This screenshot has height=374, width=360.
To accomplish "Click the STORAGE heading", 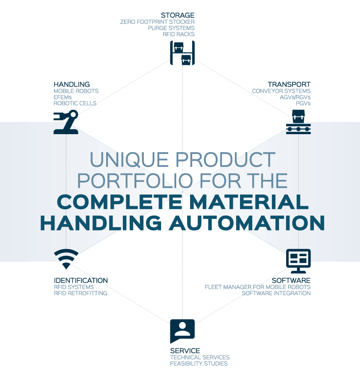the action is pyautogui.click(x=177, y=15).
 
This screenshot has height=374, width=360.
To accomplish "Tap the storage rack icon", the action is pyautogui.click(x=183, y=53).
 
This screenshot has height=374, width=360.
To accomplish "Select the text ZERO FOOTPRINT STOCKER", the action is pyautogui.click(x=157, y=22).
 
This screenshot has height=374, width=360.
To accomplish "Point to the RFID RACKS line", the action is pyautogui.click(x=179, y=34).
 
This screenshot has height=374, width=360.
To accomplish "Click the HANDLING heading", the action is pyautogui.click(x=72, y=84).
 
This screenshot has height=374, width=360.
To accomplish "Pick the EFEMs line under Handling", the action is pyautogui.click(x=63, y=97).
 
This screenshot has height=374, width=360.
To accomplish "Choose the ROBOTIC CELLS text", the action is pyautogui.click(x=75, y=104).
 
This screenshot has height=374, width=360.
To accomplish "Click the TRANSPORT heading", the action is pyautogui.click(x=289, y=84).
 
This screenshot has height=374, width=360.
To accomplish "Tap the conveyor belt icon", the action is pyautogui.click(x=298, y=122).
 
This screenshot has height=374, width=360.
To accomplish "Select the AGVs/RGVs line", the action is pyautogui.click(x=295, y=97).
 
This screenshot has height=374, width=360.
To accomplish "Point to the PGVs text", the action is pyautogui.click(x=303, y=104).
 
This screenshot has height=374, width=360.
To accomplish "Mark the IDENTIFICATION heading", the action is pyautogui.click(x=81, y=280).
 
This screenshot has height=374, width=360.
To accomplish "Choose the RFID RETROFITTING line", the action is pyautogui.click(x=81, y=293).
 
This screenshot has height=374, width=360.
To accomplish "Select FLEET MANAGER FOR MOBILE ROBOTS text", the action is pyautogui.click(x=258, y=287).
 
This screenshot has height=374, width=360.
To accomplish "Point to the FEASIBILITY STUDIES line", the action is pyautogui.click(x=199, y=364).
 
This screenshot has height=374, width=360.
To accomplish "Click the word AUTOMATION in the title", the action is pyautogui.click(x=247, y=223).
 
